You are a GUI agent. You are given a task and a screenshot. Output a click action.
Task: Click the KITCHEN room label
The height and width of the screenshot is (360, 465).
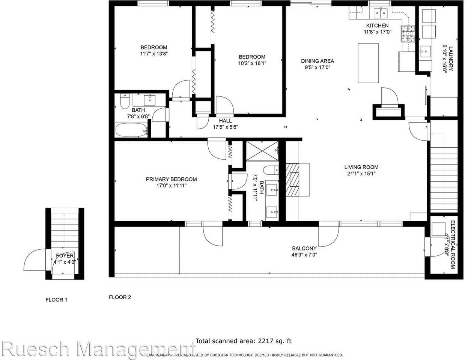pyautogui.click(x=377, y=25)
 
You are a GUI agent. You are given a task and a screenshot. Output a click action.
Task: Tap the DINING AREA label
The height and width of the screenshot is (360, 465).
pyautogui.click(x=318, y=61)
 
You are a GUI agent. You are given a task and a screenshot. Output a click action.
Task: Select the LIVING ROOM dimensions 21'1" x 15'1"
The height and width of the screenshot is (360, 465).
pyautogui.click(x=361, y=174)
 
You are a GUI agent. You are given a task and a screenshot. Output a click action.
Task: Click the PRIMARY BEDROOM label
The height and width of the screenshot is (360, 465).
pyautogui.click(x=171, y=179)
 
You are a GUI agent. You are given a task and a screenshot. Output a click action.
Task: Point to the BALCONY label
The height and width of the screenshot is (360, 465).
pyautogui.click(x=304, y=248)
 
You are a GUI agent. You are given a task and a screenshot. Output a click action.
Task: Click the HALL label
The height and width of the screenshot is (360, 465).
pyautogui.click(x=225, y=120)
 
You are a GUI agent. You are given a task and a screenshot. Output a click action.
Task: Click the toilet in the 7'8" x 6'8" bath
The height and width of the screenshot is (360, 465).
pyautogui.click(x=125, y=101)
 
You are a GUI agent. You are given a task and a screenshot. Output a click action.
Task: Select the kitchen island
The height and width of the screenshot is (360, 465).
pyautogui.click(x=368, y=63)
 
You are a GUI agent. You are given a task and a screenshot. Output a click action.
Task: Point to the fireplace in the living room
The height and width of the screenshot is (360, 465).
pyautogui.click(x=293, y=180)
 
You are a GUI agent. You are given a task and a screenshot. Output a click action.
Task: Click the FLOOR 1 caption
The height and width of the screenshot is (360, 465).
pyautogui.click(x=56, y=300)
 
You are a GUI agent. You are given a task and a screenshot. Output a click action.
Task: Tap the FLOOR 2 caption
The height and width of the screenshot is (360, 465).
pyautogui.click(x=120, y=297)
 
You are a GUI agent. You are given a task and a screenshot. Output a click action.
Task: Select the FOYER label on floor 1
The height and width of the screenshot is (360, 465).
pyautogui.click(x=65, y=256)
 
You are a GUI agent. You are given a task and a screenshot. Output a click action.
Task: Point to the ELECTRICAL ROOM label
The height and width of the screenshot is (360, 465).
pyautogui.click(x=453, y=245)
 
